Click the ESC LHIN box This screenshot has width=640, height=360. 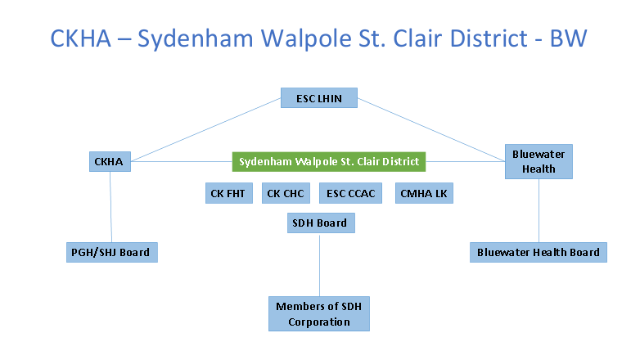pos(319,98)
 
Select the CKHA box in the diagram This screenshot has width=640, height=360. pos(110,162)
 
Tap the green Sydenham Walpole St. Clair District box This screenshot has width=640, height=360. pos(329,162)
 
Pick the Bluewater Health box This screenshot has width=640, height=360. pos(539,162)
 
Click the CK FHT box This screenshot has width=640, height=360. pos(229,193)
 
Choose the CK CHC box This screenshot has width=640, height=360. pos(286,193)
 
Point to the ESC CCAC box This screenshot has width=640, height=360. pos(350,193)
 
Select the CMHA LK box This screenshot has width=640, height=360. pos(424,193)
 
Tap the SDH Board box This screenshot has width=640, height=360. pos(321,223)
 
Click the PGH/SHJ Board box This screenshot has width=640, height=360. pos(112,252)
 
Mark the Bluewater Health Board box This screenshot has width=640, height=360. pos(539,252)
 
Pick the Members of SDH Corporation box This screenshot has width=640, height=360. pos(319,313)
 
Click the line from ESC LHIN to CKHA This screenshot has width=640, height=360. pos(206,129)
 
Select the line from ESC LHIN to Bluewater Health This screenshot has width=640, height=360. pos(431,129)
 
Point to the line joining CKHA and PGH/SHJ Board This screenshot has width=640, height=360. pos(110,207)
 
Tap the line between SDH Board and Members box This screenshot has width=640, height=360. pos(320,265)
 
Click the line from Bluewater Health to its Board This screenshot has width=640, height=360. pos(539,210)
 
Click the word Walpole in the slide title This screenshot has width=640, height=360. pos(307,38)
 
